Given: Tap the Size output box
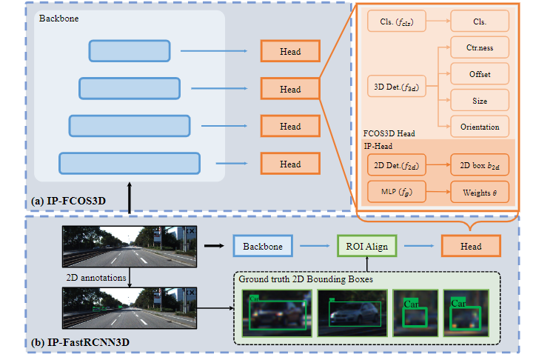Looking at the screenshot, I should [480, 99].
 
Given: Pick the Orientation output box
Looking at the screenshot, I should [480, 126].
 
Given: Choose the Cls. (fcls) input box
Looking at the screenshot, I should [398, 21].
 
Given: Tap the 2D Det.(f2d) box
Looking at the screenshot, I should [398, 165].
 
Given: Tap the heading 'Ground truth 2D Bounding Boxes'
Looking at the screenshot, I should [305, 279].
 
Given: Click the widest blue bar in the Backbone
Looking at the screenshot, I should [130, 163].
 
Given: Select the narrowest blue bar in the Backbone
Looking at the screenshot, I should [130, 51].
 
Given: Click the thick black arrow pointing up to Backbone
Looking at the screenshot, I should [130, 198].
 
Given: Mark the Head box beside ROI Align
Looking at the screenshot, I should [470, 247].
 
